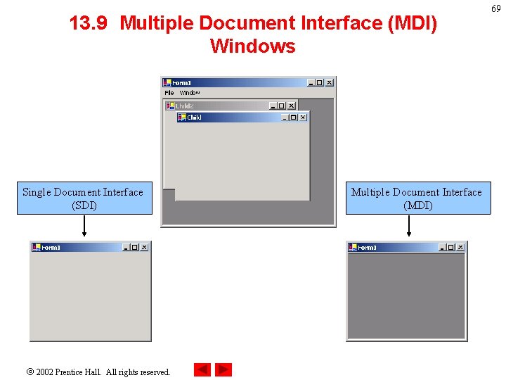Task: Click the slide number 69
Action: (x=495, y=8)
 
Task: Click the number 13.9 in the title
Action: (x=89, y=23)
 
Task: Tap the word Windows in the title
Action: (x=252, y=46)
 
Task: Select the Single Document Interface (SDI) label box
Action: (x=84, y=198)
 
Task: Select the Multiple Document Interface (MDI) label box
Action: (x=417, y=198)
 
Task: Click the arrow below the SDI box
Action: (x=84, y=227)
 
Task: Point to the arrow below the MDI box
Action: (x=409, y=227)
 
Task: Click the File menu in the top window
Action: (x=169, y=93)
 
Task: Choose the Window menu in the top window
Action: (x=190, y=93)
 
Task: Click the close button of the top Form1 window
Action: (x=329, y=82)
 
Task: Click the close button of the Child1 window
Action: (x=303, y=118)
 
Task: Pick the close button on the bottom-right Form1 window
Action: (x=460, y=247)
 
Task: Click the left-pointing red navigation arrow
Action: (x=202, y=369)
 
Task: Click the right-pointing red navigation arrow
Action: (x=223, y=369)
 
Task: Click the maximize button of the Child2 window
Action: (x=282, y=106)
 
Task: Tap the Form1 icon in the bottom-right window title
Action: (x=353, y=247)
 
